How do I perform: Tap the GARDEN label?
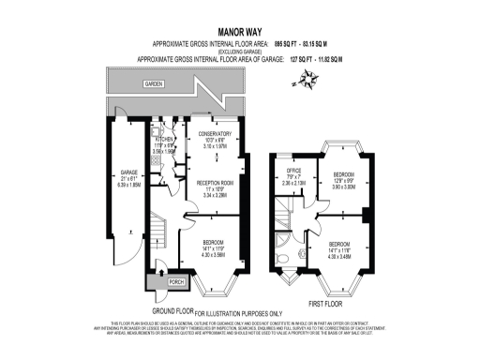pyautogui.click(x=153, y=83)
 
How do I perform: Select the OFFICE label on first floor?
pyautogui.click(x=293, y=172)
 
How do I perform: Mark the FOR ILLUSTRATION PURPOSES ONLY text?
pyautogui.click(x=238, y=311)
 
